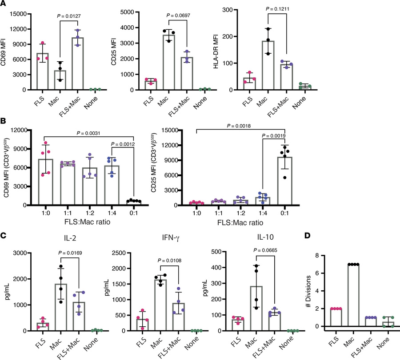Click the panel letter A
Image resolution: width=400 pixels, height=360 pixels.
(x=4, y=4)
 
